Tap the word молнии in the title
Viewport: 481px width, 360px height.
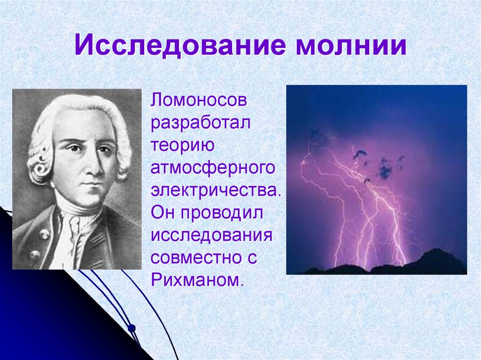(351, 46)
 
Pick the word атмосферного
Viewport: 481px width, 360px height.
(213, 169)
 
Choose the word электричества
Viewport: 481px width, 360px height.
(216, 190)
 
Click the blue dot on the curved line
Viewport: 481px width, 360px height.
(132, 329)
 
